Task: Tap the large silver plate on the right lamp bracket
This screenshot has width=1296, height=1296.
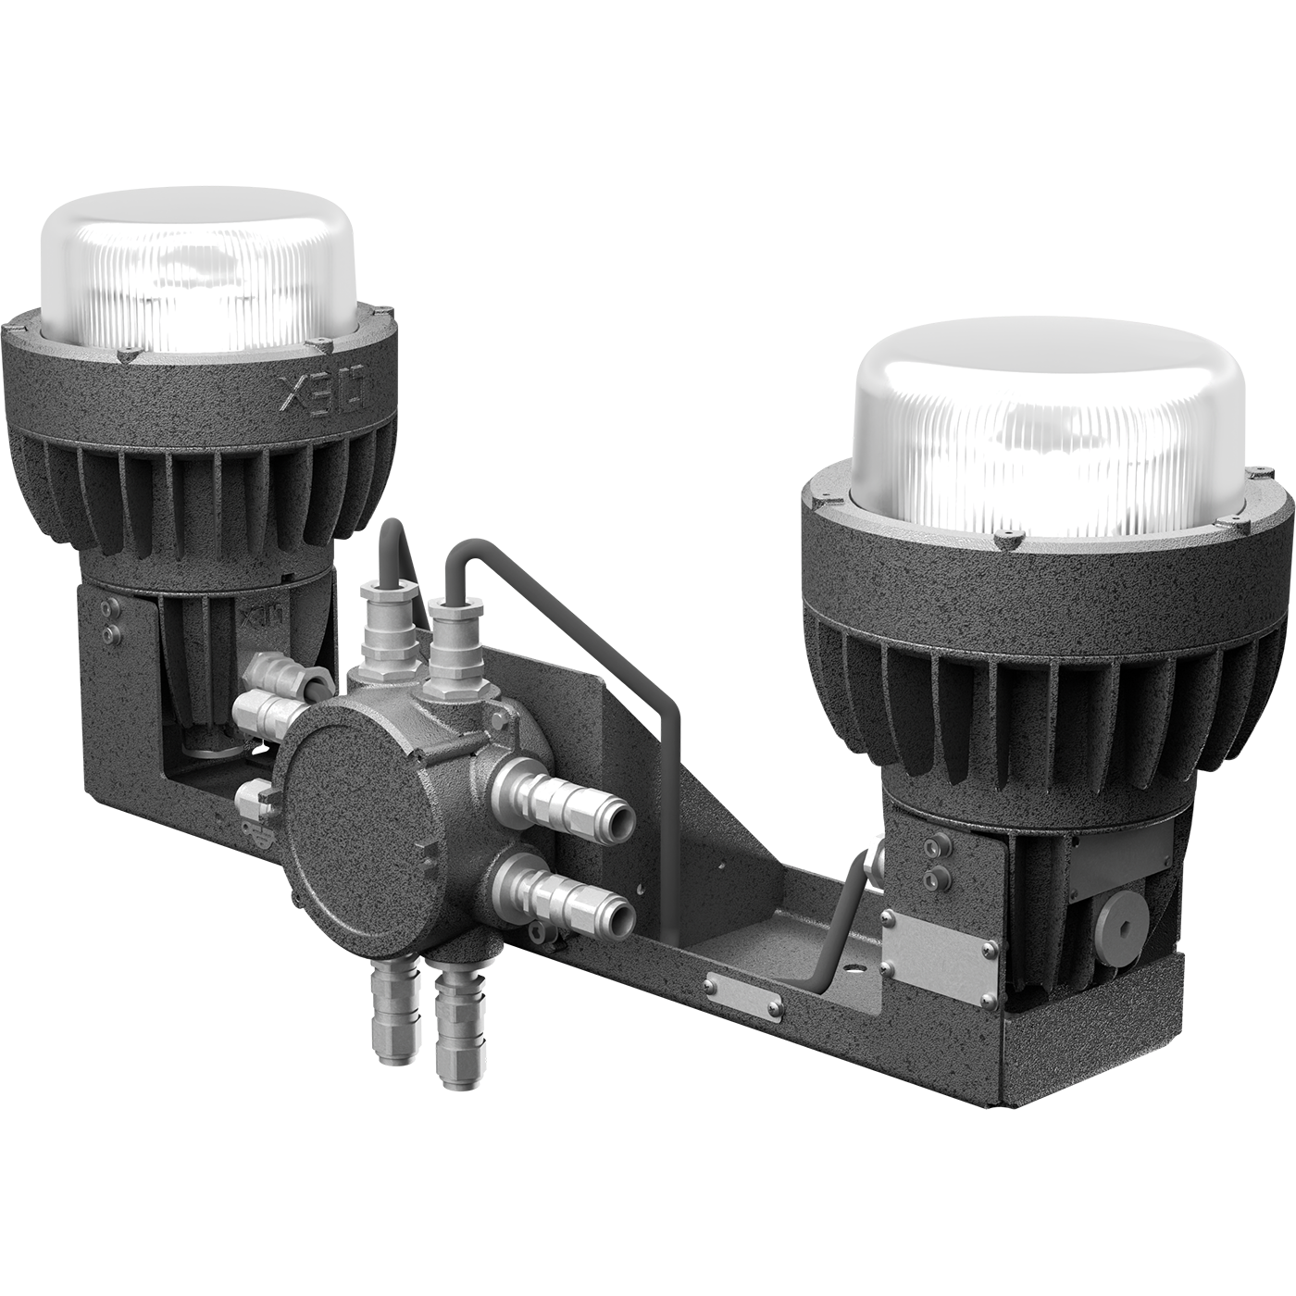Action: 937,959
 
